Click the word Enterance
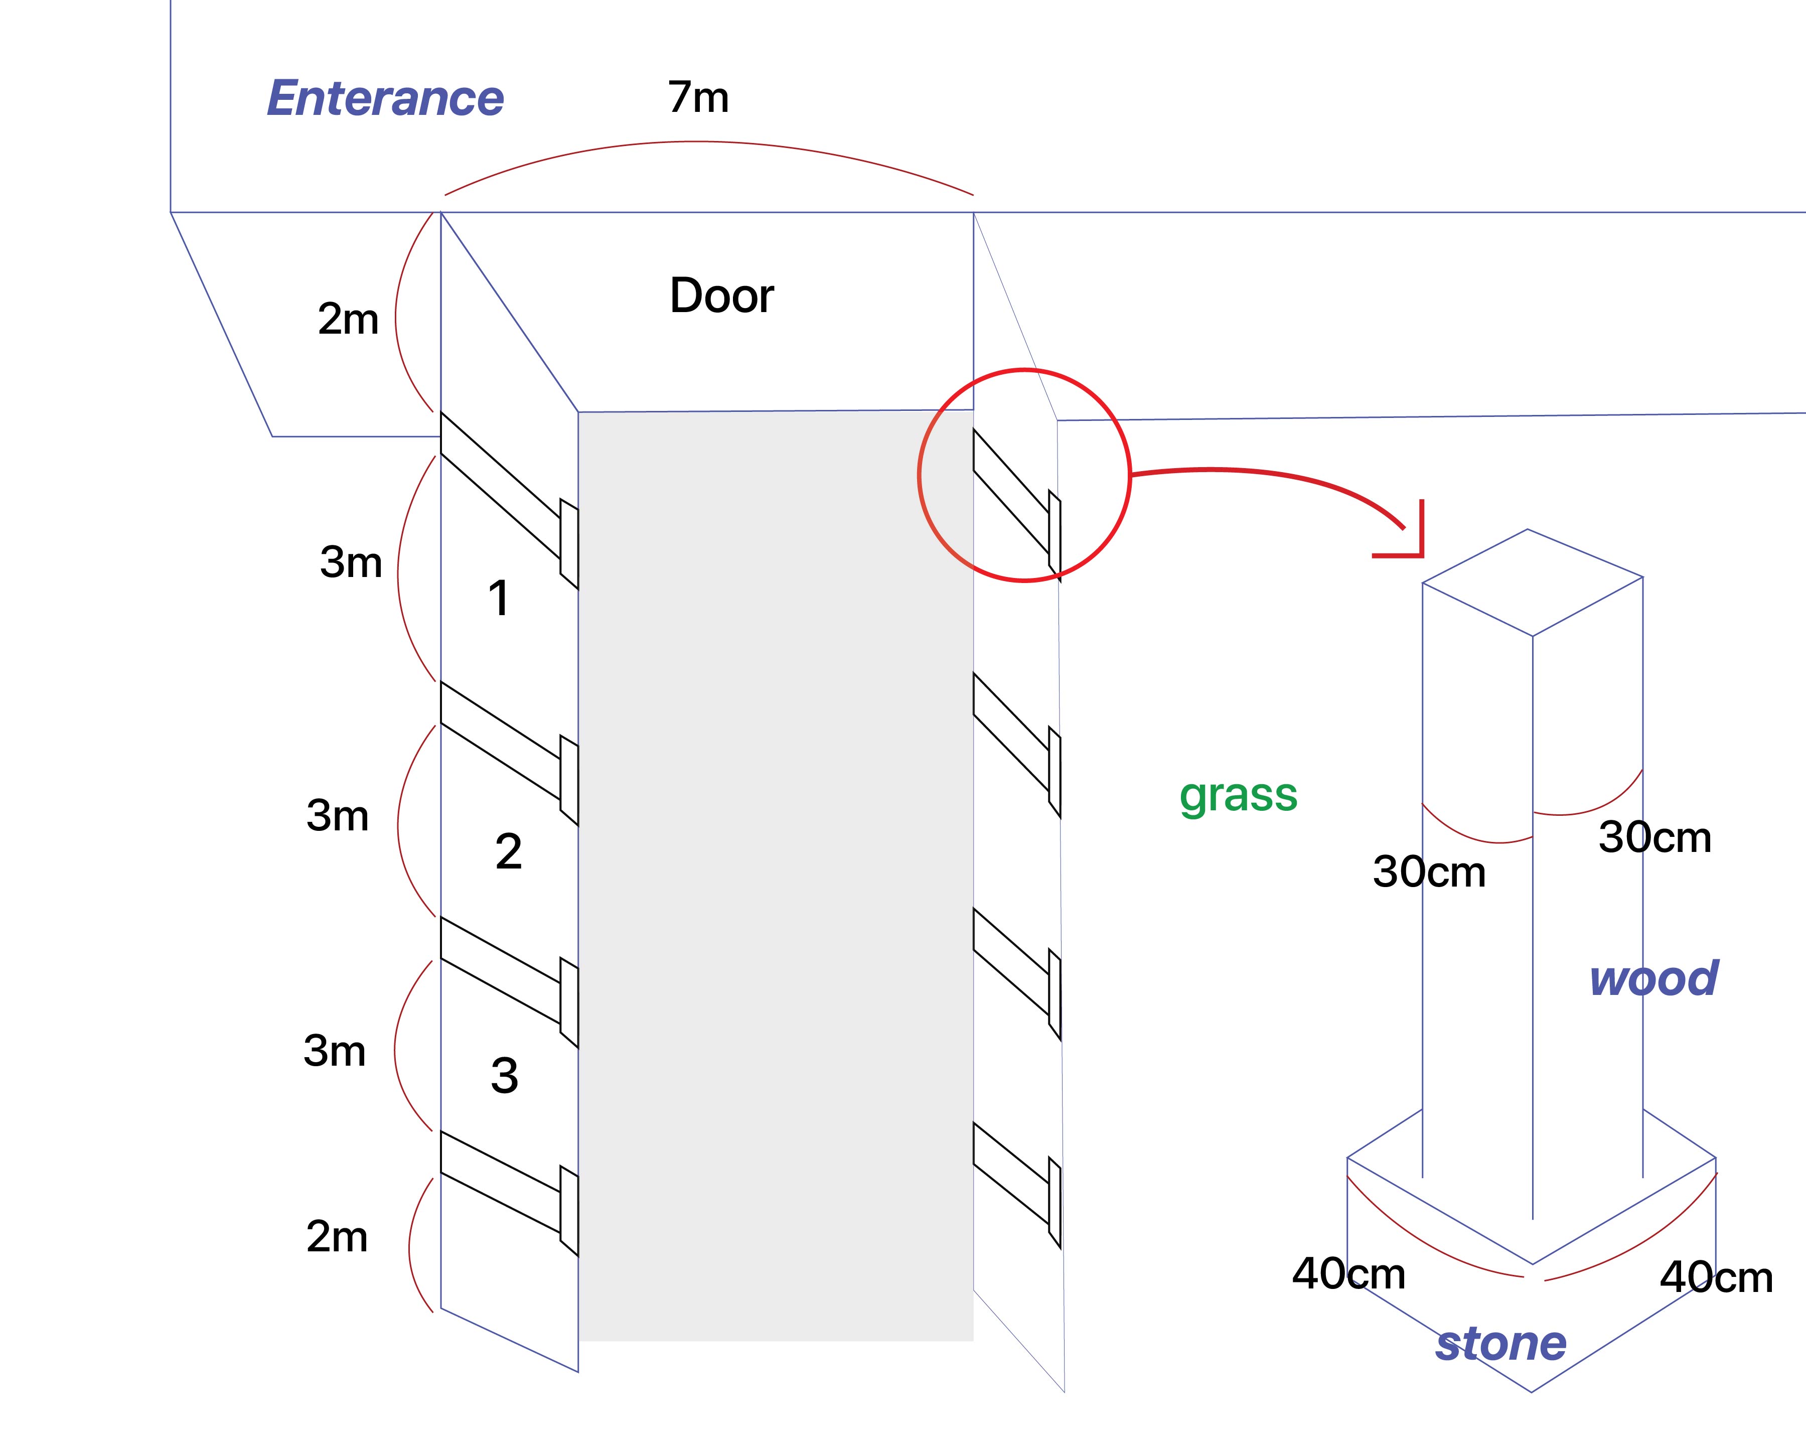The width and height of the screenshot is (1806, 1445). (385, 99)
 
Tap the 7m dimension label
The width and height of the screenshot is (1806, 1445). (698, 97)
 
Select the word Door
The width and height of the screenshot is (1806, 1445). (721, 296)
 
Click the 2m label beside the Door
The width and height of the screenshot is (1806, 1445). (348, 319)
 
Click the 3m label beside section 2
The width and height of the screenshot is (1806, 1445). (338, 815)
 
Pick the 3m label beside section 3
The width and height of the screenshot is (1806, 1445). (334, 1051)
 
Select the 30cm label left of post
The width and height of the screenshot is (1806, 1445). (1429, 872)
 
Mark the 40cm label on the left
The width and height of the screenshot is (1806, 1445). (1348, 1274)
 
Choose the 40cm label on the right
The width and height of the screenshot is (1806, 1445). (1716, 1277)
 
